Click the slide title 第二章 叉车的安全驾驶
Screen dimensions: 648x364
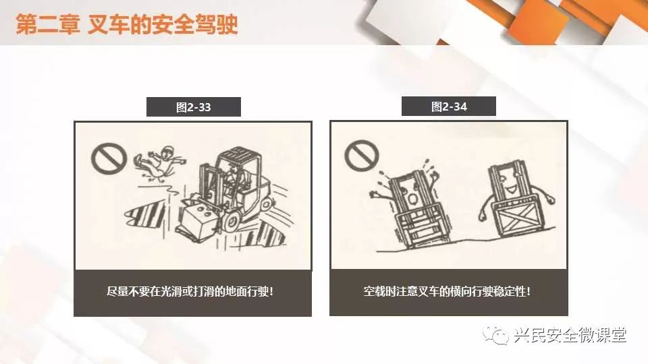tap(127, 24)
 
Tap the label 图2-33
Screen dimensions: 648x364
tap(194, 107)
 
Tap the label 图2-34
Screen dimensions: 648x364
tap(449, 107)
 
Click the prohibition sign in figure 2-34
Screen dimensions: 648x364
tap(361, 155)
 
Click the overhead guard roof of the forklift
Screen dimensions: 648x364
tap(239, 154)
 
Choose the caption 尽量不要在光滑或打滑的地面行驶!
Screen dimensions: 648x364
tap(190, 292)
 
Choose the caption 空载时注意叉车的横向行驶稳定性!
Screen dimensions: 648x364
tap(447, 291)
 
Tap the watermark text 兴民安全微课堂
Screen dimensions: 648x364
tap(570, 335)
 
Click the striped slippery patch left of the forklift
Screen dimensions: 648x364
tap(146, 214)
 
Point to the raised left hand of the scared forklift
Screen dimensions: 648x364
tap(376, 193)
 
